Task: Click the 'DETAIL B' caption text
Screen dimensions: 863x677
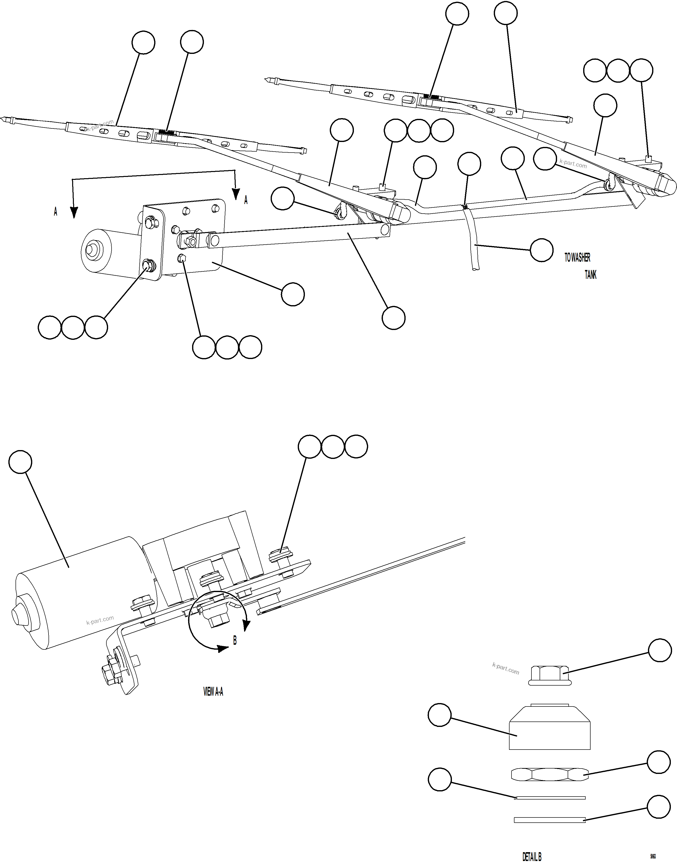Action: click(x=531, y=856)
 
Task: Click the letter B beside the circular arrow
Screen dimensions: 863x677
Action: click(x=235, y=640)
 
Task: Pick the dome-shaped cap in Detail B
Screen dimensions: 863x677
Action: click(x=549, y=728)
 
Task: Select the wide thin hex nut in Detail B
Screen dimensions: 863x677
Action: click(x=549, y=774)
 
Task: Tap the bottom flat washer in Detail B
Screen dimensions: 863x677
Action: click(x=549, y=819)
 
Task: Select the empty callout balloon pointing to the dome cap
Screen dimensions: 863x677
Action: click(x=440, y=715)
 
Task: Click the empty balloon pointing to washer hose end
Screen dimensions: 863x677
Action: click(x=542, y=250)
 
